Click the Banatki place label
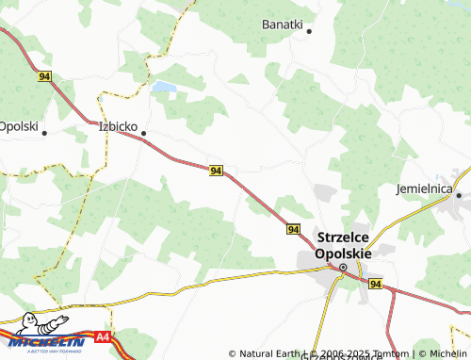[x=282, y=24]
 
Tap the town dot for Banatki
[x=308, y=31]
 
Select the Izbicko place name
[x=120, y=125]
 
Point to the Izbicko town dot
[x=143, y=134]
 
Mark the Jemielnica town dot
[x=459, y=195]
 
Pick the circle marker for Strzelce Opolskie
[x=343, y=268]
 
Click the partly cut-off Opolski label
[x=18, y=125]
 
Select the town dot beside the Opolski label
[x=44, y=133]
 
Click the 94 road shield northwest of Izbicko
[x=44, y=76]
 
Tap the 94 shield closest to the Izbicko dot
[x=217, y=171]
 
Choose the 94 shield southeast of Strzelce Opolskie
[x=375, y=284]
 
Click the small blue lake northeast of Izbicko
[x=164, y=88]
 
